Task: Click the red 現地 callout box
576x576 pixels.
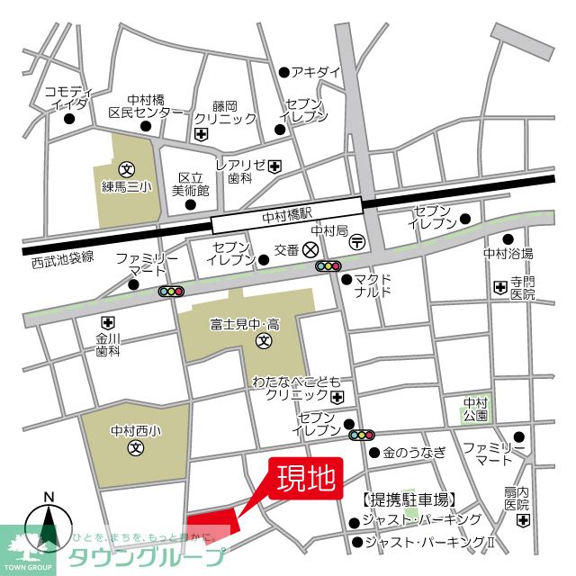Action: point(306,477)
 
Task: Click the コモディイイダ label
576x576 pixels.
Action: point(69,97)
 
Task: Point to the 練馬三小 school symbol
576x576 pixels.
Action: point(127,167)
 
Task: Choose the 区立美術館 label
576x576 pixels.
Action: point(191,184)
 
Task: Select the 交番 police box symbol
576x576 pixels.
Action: point(310,249)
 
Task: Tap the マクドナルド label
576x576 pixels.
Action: point(372,285)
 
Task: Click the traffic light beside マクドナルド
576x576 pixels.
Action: point(328,266)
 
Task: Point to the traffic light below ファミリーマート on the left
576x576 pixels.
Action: point(171,291)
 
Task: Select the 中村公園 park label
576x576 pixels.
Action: point(475,409)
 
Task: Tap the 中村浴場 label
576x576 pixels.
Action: point(508,253)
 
